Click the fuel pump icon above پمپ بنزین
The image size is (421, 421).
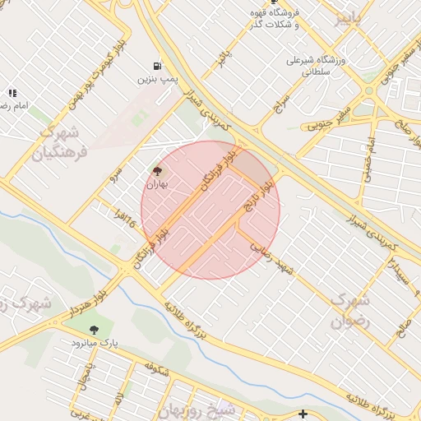(155, 65)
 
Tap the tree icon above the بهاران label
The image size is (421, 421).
(157, 171)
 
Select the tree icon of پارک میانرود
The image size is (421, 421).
(94, 330)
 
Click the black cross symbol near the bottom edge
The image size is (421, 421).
(303, 414)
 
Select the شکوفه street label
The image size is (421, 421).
(156, 369)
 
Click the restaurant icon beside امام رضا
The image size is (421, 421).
(12, 93)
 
